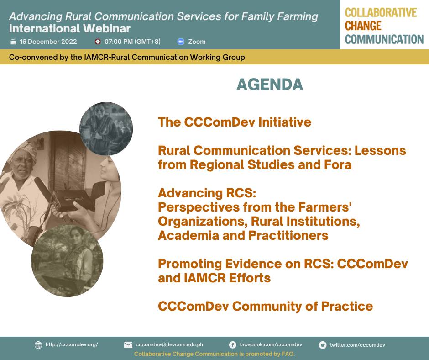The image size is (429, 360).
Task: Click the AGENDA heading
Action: click(x=270, y=85)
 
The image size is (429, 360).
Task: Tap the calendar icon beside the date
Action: click(x=13, y=42)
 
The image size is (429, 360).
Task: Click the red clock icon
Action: click(x=97, y=42)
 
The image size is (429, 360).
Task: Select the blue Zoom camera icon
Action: click(x=181, y=42)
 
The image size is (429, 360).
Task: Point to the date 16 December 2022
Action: click(x=48, y=42)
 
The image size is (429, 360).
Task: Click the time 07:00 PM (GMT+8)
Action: click(x=132, y=42)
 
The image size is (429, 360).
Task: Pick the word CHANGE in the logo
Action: click(x=363, y=26)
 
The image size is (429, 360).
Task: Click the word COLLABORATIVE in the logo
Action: click(x=381, y=13)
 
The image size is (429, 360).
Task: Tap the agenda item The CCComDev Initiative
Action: click(x=235, y=122)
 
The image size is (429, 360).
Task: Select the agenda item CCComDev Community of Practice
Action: click(x=266, y=306)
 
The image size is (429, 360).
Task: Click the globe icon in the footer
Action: click(x=38, y=345)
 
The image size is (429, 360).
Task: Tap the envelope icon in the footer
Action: click(x=128, y=344)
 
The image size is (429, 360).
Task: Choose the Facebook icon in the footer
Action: click(x=233, y=345)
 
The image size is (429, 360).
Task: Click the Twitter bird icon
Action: click(x=323, y=345)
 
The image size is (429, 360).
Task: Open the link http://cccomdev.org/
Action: click(x=72, y=344)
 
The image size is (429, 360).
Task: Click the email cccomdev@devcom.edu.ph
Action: click(x=169, y=344)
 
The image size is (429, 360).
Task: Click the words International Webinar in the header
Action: click(x=70, y=28)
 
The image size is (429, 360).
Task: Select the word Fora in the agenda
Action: click(x=338, y=164)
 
